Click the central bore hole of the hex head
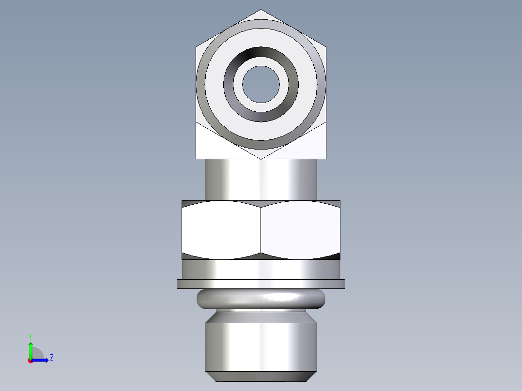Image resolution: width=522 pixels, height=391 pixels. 261,84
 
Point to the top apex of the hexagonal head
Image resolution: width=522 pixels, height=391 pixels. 261,10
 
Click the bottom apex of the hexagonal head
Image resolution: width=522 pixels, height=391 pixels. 261,158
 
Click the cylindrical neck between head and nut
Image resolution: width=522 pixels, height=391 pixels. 261,179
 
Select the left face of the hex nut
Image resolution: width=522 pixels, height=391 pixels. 221,230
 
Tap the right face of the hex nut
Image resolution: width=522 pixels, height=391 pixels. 300,230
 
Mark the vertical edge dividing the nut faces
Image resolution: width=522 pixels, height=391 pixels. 261,230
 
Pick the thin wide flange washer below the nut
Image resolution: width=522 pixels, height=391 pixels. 261,284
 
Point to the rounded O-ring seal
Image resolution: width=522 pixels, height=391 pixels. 261,299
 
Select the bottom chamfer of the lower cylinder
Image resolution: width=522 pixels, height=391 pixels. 261,376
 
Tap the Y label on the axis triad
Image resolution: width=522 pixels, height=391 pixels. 31,336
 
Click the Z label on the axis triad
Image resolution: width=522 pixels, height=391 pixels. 51,358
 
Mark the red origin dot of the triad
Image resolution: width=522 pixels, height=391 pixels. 30,360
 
